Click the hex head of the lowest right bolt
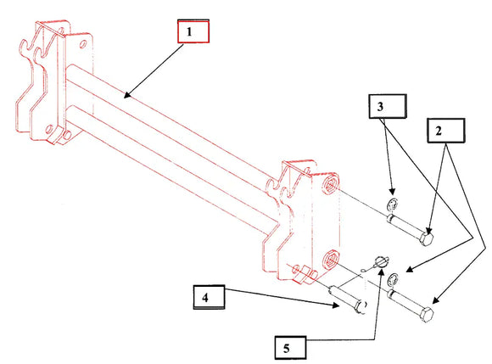pyautogui.click(x=429, y=315)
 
